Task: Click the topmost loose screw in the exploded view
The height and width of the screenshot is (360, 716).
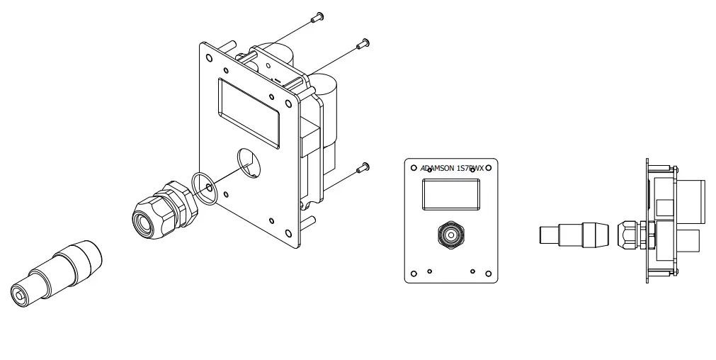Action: (x=319, y=16)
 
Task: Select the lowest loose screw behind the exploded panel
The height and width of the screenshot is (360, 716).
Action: (x=364, y=168)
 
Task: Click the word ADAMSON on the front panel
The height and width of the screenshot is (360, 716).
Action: (x=437, y=169)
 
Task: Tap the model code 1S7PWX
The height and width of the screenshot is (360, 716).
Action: (x=470, y=169)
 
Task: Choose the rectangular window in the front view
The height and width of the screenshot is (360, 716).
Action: (x=451, y=194)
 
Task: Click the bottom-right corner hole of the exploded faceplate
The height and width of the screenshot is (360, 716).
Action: (x=287, y=234)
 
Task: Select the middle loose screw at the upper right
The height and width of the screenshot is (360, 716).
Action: (x=365, y=43)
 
